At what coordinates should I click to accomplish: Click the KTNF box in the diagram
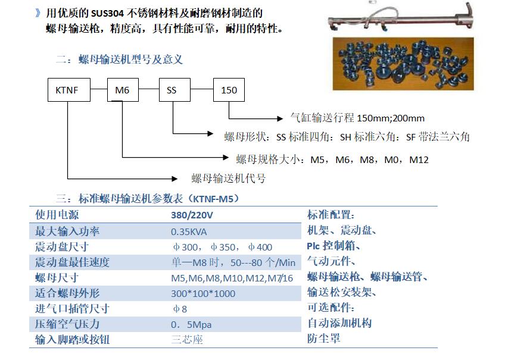tap(69, 90)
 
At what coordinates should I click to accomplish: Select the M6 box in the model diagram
tap(123, 90)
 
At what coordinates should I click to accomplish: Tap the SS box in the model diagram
tap(174, 90)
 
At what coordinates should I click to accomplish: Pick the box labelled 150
tap(229, 90)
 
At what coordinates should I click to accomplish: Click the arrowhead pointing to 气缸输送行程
tap(280, 119)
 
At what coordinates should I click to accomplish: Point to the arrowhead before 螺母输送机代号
tap(174, 179)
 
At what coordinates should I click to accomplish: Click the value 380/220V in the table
tap(192, 215)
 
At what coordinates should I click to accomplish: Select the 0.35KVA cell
tap(189, 232)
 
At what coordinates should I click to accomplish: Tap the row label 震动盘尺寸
tap(62, 247)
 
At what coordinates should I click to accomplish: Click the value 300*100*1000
tap(203, 293)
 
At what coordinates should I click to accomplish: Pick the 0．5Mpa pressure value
tap(191, 324)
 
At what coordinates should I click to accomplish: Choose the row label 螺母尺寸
tap(57, 278)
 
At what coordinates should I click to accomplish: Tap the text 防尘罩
tap(323, 339)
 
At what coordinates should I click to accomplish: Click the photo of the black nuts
tap(403, 64)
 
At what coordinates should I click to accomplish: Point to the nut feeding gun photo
tap(400, 17)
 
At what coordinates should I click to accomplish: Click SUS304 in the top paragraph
tap(107, 14)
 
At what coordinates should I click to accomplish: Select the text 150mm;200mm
tap(391, 118)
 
